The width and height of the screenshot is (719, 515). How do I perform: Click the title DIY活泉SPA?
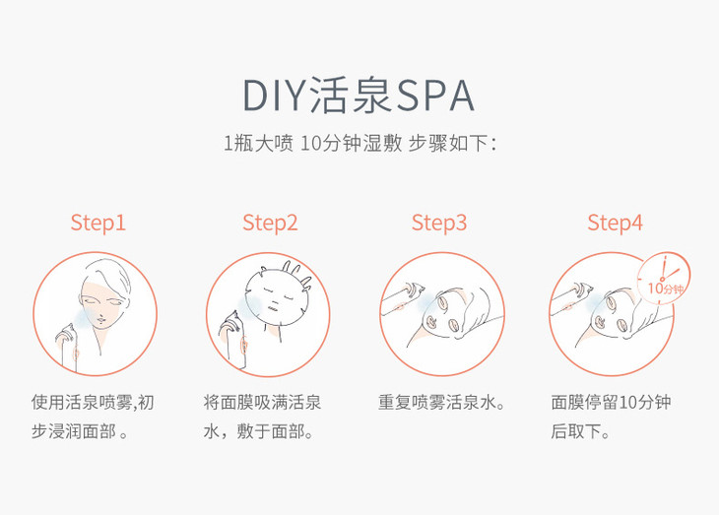[x=359, y=96]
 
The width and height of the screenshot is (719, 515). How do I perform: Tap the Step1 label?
[x=98, y=223]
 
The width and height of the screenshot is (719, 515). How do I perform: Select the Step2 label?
[x=270, y=223]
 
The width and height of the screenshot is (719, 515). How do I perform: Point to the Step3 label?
[x=439, y=223]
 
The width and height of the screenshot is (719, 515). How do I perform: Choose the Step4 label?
[x=615, y=223]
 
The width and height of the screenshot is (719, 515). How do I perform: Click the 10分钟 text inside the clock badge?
[x=666, y=289]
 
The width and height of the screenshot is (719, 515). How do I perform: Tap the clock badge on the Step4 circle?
[x=664, y=278]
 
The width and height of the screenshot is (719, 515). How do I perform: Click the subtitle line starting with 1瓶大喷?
[x=359, y=144]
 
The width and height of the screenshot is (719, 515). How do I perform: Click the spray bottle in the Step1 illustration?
[x=67, y=348]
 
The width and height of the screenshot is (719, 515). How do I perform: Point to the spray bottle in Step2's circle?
[x=233, y=340]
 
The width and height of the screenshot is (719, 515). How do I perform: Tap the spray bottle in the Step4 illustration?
[x=571, y=298]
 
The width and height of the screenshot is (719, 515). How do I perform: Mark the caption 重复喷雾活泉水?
[x=441, y=403]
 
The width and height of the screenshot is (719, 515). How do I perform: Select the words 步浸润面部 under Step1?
[x=73, y=431]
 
